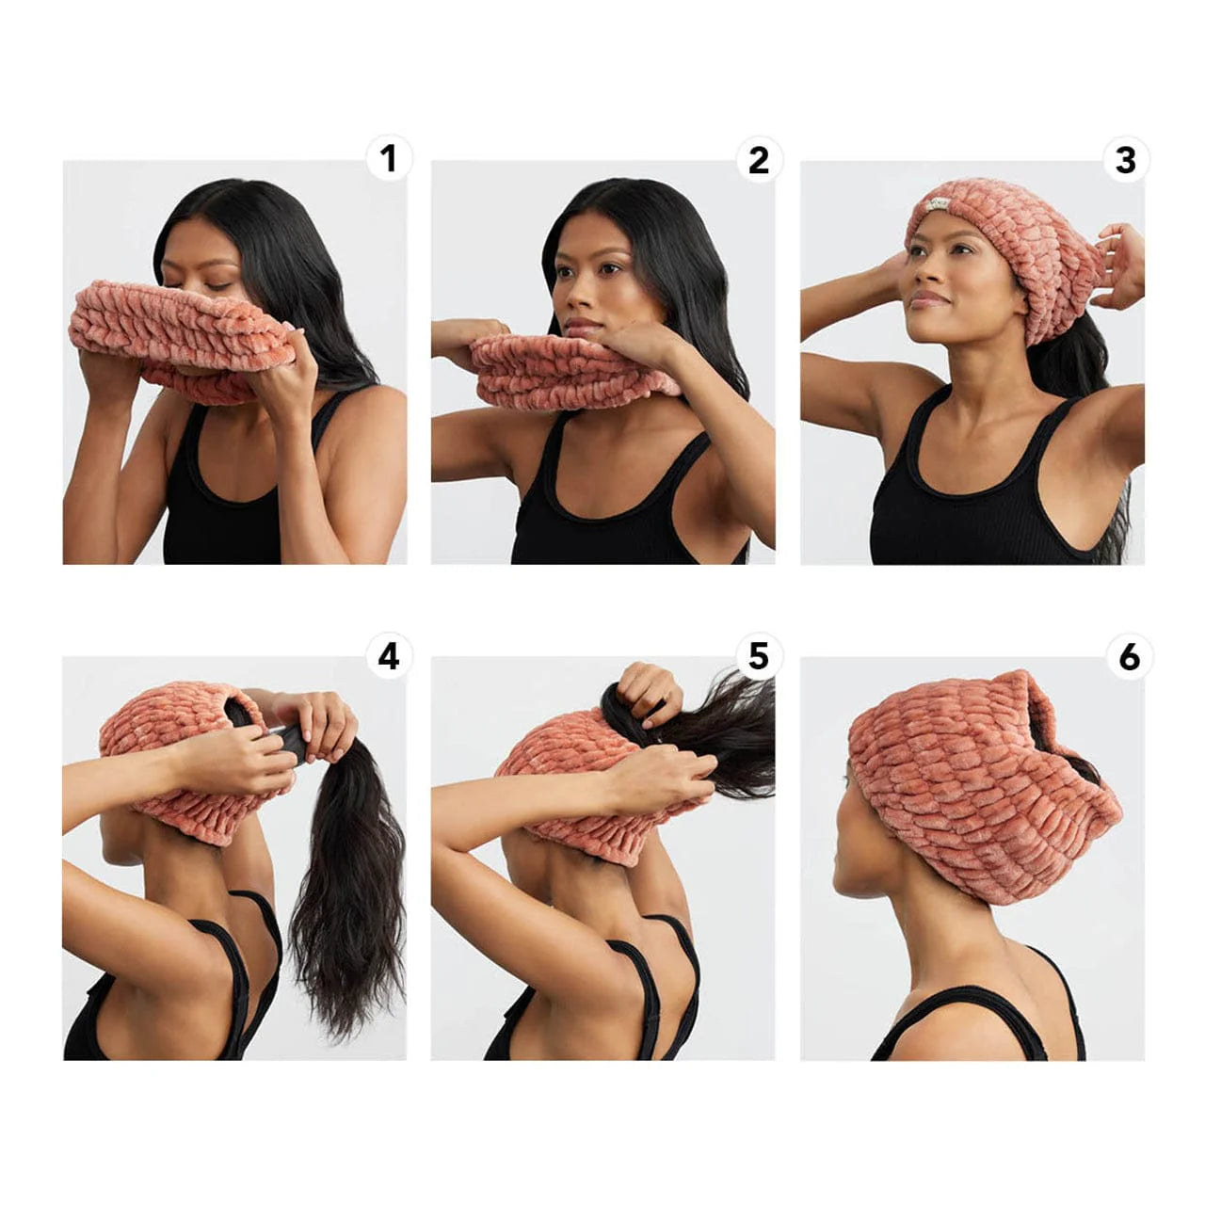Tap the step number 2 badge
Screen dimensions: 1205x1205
click(x=758, y=159)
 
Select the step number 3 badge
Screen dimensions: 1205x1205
click(x=1126, y=159)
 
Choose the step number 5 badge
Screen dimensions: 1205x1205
click(x=758, y=656)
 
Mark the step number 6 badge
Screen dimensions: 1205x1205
click(x=1128, y=656)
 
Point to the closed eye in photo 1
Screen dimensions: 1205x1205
click(x=218, y=285)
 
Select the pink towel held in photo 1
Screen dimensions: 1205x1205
click(x=179, y=329)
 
